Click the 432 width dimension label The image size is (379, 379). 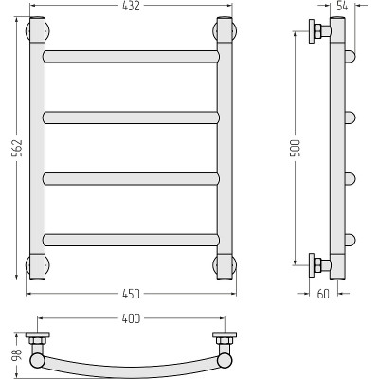[131, 6]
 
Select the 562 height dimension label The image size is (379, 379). [17, 148]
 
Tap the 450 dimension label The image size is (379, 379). [131, 294]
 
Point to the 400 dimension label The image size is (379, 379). [131, 318]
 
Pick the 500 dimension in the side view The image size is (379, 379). [297, 148]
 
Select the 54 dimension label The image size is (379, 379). [342, 6]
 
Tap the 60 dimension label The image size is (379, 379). [323, 294]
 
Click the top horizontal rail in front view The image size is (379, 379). [131, 57]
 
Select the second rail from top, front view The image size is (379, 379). [131, 117]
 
